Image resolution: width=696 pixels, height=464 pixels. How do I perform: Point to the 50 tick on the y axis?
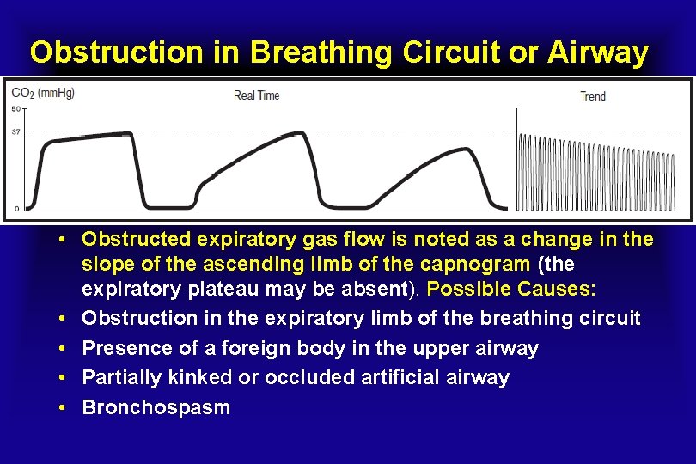[x=15, y=108]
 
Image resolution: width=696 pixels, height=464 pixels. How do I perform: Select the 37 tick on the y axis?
[x=15, y=131]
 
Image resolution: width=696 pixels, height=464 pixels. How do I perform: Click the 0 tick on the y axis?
[x=17, y=209]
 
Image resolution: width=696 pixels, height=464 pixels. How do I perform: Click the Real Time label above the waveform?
[x=256, y=95]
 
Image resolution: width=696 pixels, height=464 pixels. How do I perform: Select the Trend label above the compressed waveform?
[x=592, y=95]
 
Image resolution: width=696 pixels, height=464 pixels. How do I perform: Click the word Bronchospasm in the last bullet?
[x=156, y=407]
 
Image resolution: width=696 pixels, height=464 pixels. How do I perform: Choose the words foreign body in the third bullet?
[x=278, y=348]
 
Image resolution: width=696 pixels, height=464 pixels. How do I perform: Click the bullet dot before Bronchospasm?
[x=65, y=408]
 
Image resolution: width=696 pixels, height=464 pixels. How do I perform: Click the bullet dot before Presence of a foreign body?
[x=65, y=349]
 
